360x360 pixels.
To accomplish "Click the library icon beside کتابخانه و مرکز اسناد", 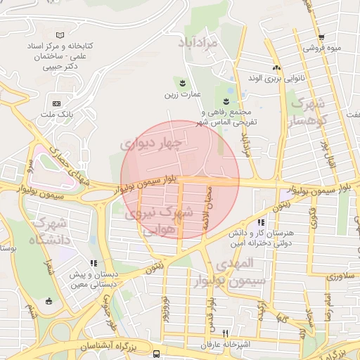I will (x=60, y=34).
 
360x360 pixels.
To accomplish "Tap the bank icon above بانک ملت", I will (x=56, y=103).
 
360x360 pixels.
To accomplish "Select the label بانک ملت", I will (x=58, y=114).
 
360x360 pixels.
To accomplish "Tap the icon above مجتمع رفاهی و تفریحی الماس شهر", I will (x=227, y=99).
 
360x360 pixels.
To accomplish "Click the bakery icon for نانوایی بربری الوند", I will (x=277, y=68).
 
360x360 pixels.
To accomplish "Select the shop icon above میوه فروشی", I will (x=321, y=38).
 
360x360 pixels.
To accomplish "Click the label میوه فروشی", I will (x=321, y=49).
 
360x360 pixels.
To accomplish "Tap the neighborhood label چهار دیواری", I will (x=150, y=144).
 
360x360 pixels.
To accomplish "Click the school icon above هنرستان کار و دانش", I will (x=262, y=203).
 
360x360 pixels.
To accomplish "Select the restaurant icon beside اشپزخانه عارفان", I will (x=226, y=333).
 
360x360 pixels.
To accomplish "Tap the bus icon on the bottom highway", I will (x=156, y=354).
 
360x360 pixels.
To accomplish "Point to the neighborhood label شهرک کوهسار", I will (x=312, y=113).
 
